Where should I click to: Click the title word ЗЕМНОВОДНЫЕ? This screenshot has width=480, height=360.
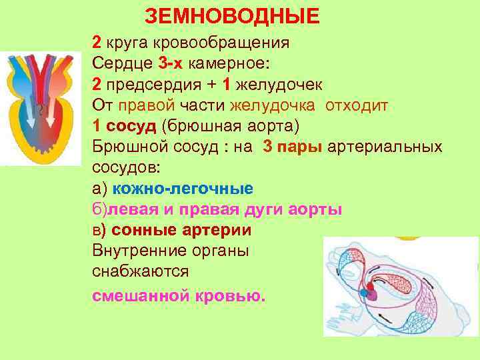[232, 15]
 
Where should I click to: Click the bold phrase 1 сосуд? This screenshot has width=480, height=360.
[124, 127]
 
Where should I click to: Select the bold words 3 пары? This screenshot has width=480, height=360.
[293, 147]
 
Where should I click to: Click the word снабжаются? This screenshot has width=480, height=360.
[141, 272]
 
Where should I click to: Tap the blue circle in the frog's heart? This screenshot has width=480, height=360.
[364, 291]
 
